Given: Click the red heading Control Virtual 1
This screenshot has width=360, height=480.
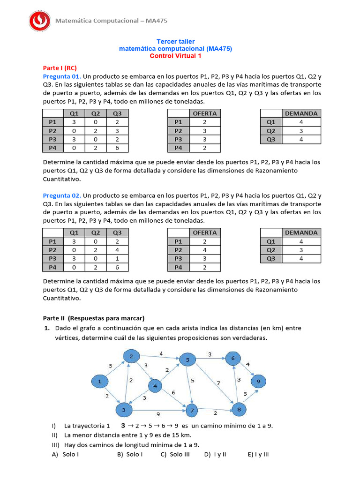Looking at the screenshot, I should tap(175, 56).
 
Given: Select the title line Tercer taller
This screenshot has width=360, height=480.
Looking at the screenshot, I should tap(175, 41).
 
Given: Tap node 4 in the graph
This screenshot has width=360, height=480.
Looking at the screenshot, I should tap(155, 386).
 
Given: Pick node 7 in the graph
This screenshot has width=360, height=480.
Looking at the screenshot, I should tap(191, 411).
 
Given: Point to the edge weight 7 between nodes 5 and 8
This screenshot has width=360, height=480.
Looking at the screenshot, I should tap(218, 383).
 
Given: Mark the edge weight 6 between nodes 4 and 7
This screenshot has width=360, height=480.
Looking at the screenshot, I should tap(174, 392).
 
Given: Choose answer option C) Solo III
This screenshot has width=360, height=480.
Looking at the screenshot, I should tap(175, 454).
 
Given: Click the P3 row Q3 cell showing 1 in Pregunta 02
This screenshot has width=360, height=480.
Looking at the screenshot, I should tap(117, 258).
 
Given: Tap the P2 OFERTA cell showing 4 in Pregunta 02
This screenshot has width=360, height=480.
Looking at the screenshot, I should tap(205, 250).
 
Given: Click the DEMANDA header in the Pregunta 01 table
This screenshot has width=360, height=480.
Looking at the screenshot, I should tap(301, 113).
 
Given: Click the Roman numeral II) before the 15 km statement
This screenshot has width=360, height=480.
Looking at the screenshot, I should tap(55, 435).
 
